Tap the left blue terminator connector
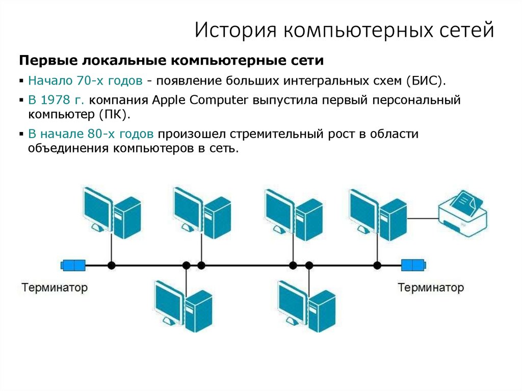coord(73,265)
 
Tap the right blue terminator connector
coord(413,265)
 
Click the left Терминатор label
coord(55,288)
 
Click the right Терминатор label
coord(431,288)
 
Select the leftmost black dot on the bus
coord(111,265)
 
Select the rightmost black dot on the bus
coord(377,265)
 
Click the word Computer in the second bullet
coord(218,99)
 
